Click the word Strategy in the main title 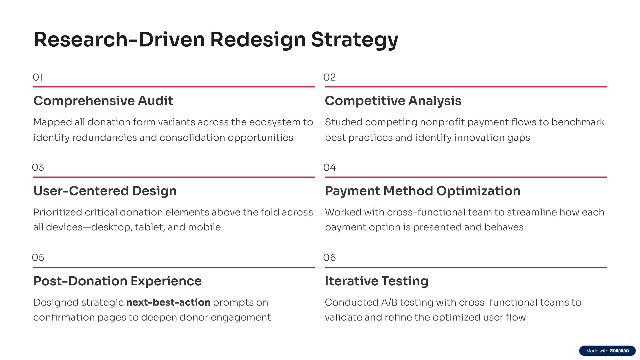click(x=355, y=40)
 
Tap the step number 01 click(x=38, y=77)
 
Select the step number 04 click(x=330, y=167)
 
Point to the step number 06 click(x=330, y=258)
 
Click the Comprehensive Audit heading click(x=103, y=101)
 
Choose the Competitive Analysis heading click(x=393, y=101)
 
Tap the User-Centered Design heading click(x=105, y=191)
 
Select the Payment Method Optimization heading click(x=423, y=191)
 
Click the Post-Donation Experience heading click(x=118, y=281)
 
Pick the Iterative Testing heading click(x=377, y=281)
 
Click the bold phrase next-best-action click(x=168, y=302)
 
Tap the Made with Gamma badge click(x=607, y=351)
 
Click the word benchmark click(x=578, y=122)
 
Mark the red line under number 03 click(x=174, y=177)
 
